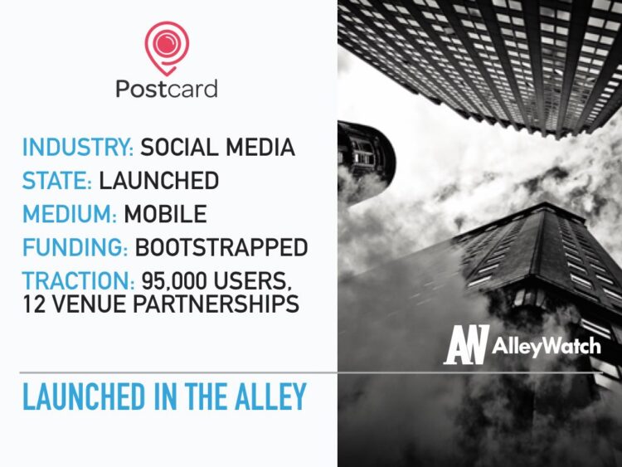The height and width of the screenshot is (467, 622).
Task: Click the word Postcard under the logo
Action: point(167,89)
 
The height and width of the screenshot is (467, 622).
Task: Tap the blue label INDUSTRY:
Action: point(78,148)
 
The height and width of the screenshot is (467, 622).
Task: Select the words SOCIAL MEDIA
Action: point(217,148)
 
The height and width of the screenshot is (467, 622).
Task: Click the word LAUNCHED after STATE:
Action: point(158,181)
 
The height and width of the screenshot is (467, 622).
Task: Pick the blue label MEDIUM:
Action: point(70,214)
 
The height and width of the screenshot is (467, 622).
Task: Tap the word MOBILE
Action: point(165,214)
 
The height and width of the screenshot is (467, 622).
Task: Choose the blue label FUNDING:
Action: point(77,247)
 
